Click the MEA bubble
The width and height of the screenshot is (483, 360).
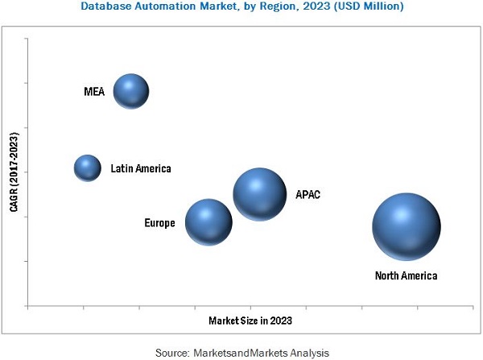point(130,92)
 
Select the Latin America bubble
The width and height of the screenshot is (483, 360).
point(87,168)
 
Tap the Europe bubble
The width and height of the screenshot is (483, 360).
point(208,221)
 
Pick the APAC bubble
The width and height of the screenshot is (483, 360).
point(259,194)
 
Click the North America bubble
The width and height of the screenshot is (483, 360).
point(407,226)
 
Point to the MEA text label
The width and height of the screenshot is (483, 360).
point(93,92)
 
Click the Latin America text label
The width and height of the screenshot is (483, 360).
point(141,168)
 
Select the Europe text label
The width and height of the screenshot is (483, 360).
point(159,223)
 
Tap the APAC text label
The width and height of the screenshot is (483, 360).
point(308,194)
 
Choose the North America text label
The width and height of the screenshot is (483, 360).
point(407,276)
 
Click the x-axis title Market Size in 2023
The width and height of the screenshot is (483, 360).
point(250,320)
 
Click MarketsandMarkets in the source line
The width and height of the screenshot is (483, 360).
point(242,353)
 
